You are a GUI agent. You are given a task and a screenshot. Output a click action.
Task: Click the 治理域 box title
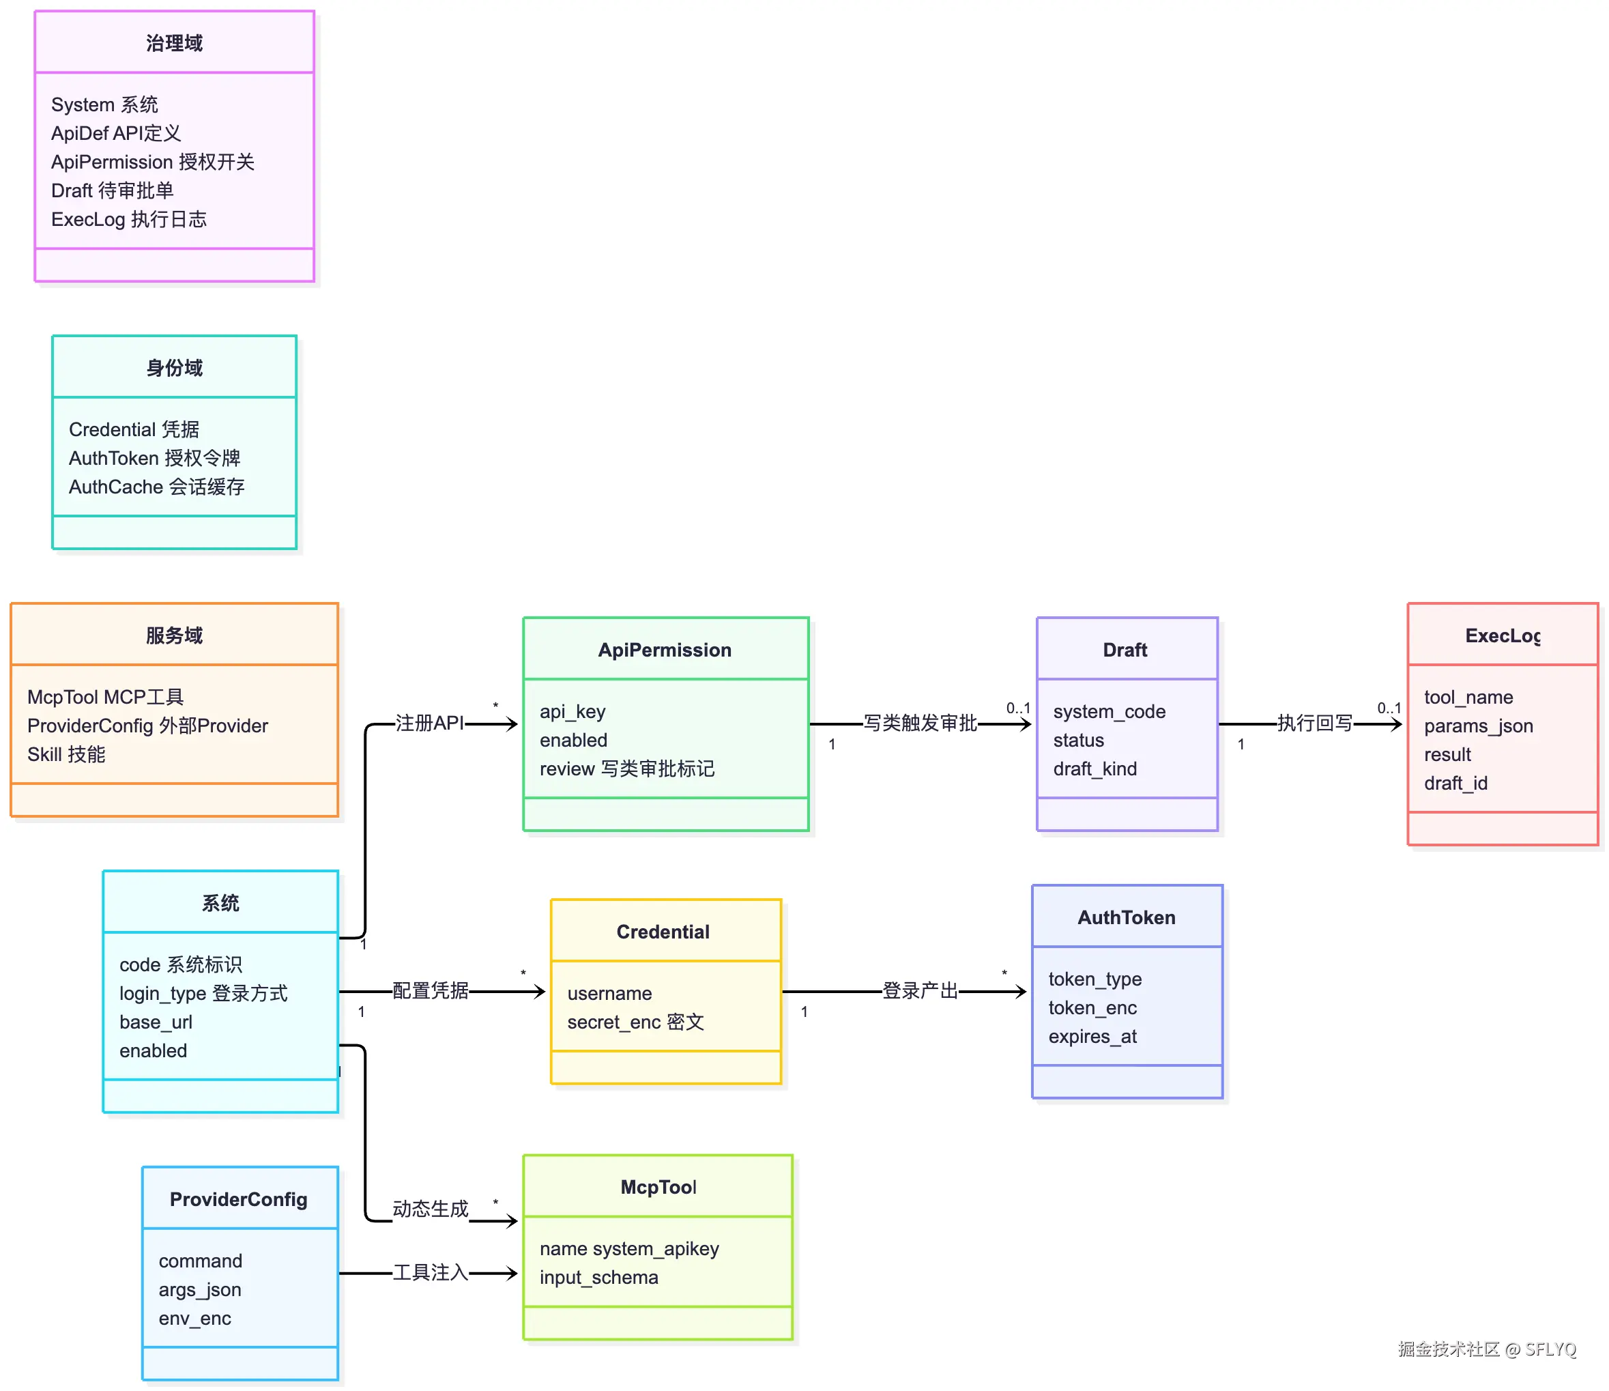pyautogui.click(x=174, y=44)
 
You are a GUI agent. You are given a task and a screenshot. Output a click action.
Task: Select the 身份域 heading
pyautogui.click(x=174, y=368)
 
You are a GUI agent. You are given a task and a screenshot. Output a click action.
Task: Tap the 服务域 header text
pyautogui.click(x=174, y=636)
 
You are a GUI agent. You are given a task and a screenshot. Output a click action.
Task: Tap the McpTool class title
pyautogui.click(x=659, y=1188)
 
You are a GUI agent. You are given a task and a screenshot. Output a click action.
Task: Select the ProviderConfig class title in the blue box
pyautogui.click(x=240, y=1201)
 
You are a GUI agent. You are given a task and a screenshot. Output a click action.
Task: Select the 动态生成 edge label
pyautogui.click(x=431, y=1210)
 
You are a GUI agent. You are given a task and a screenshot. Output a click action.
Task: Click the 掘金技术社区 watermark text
pyautogui.click(x=1450, y=1350)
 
